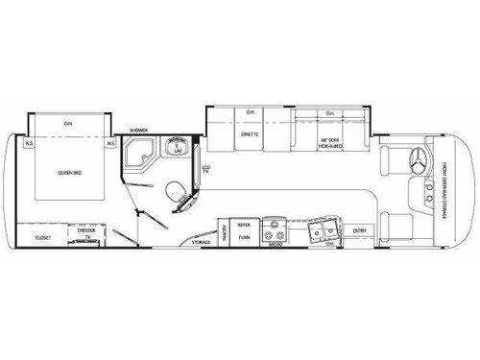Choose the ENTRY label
(359, 230)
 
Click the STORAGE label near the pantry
(200, 242)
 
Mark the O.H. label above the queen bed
(66, 123)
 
